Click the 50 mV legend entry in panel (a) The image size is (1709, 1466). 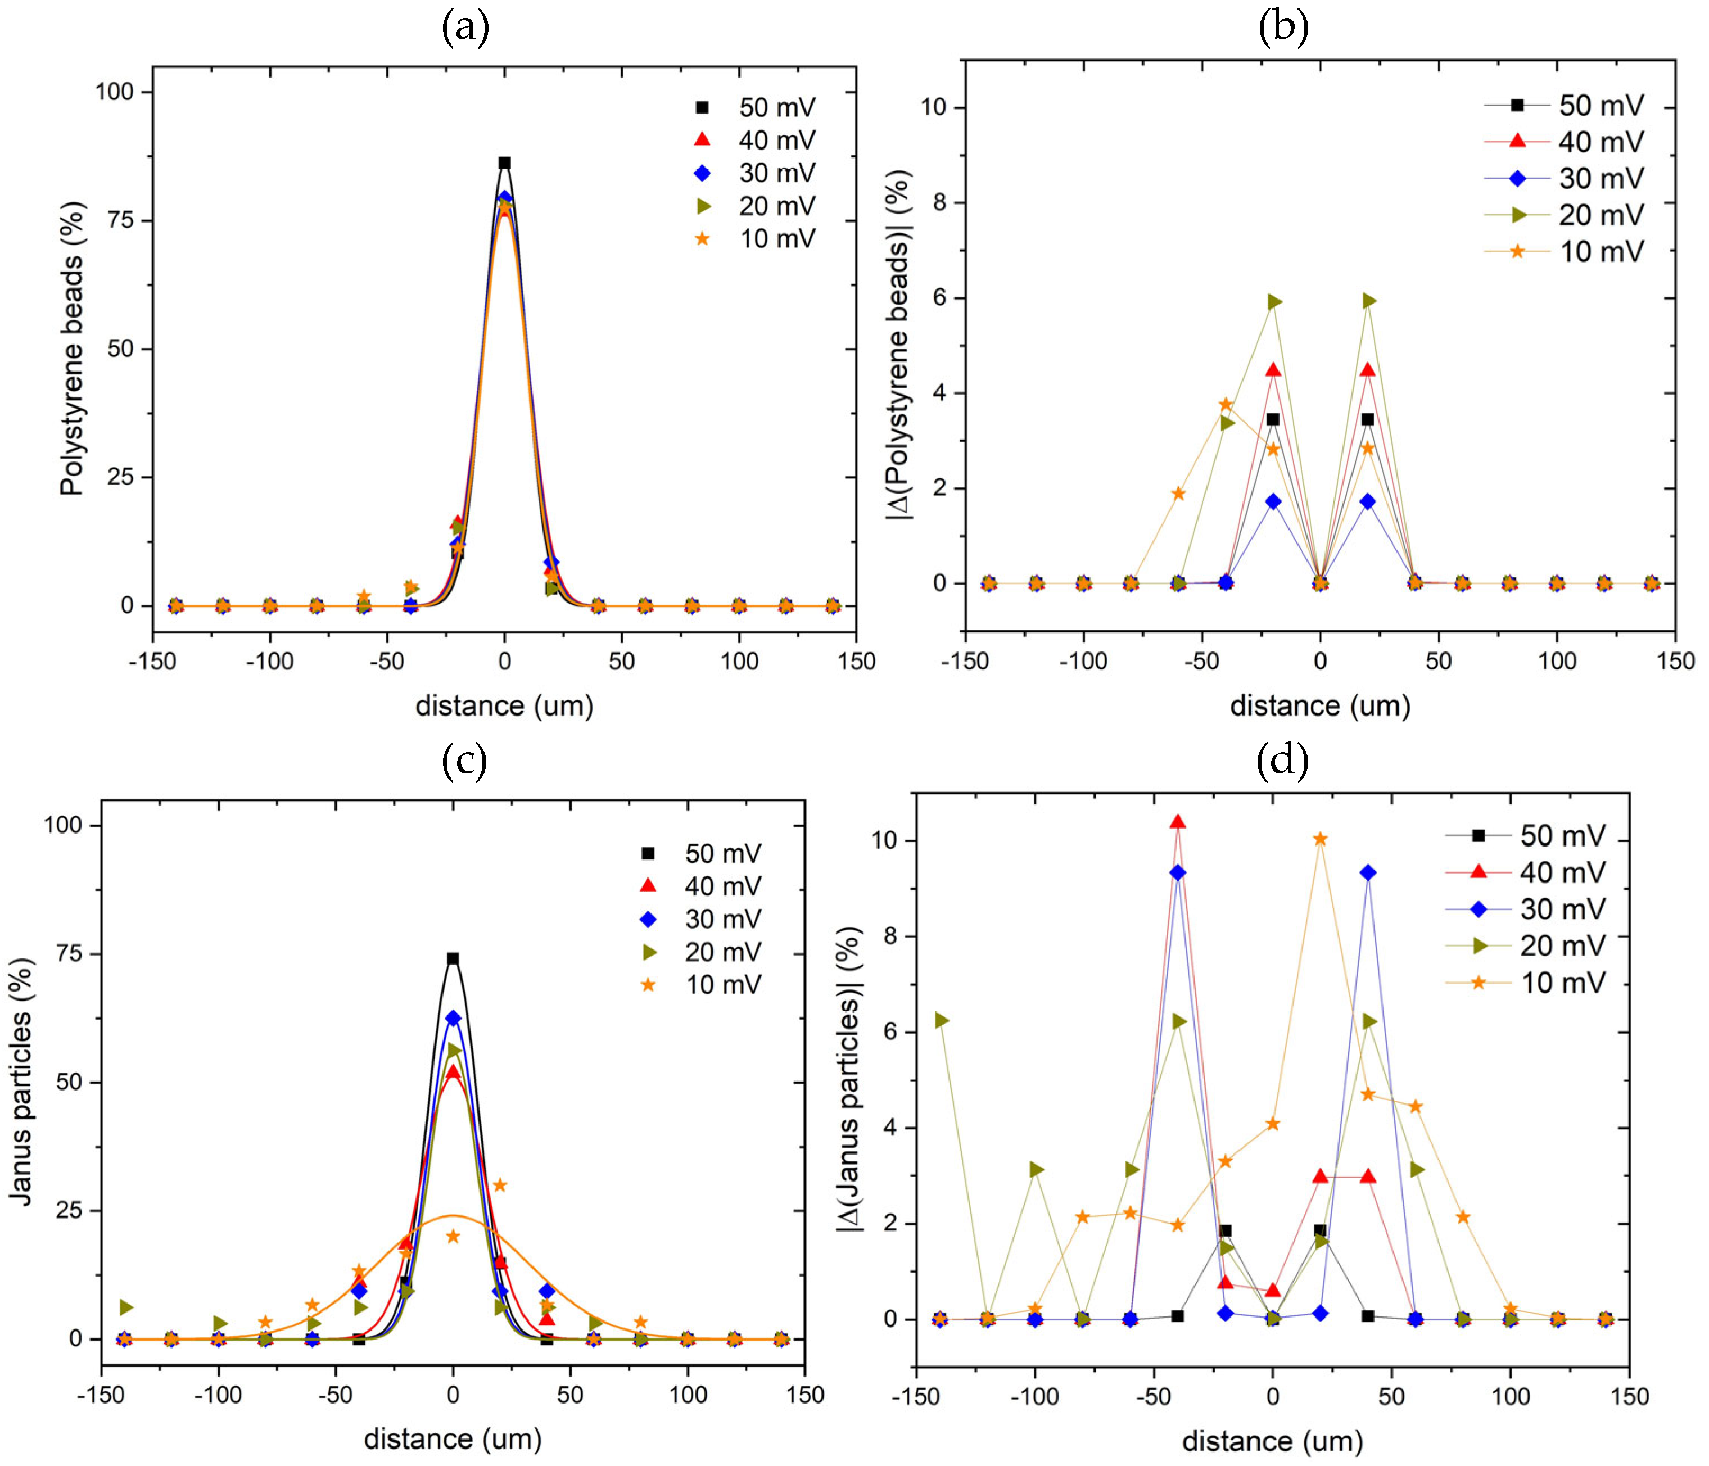pos(754,107)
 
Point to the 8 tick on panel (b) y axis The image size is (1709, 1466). pos(939,203)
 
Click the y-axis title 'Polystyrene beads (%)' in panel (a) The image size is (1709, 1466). pos(73,348)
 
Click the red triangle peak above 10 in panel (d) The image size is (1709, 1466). pos(1178,822)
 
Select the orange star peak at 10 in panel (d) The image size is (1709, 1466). pos(1319,839)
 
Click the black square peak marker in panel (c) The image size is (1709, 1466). pos(453,959)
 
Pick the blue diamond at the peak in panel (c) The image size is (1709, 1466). pos(453,1019)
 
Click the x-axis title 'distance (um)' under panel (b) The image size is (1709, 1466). pos(1319,706)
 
